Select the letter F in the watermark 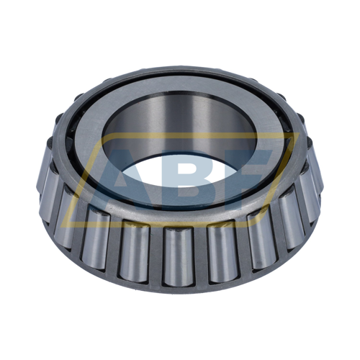pos(248,176)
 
